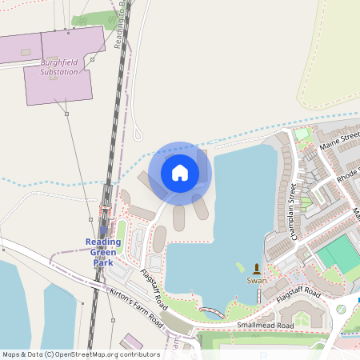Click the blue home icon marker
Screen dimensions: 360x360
(x=180, y=172)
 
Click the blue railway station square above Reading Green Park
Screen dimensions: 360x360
(x=104, y=230)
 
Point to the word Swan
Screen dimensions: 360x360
(x=257, y=281)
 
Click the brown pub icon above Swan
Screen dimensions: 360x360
(x=257, y=268)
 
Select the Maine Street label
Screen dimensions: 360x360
(x=339, y=143)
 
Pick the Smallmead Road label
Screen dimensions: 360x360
(x=265, y=326)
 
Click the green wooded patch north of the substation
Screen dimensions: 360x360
(x=89, y=19)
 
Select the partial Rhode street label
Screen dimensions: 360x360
(x=346, y=174)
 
